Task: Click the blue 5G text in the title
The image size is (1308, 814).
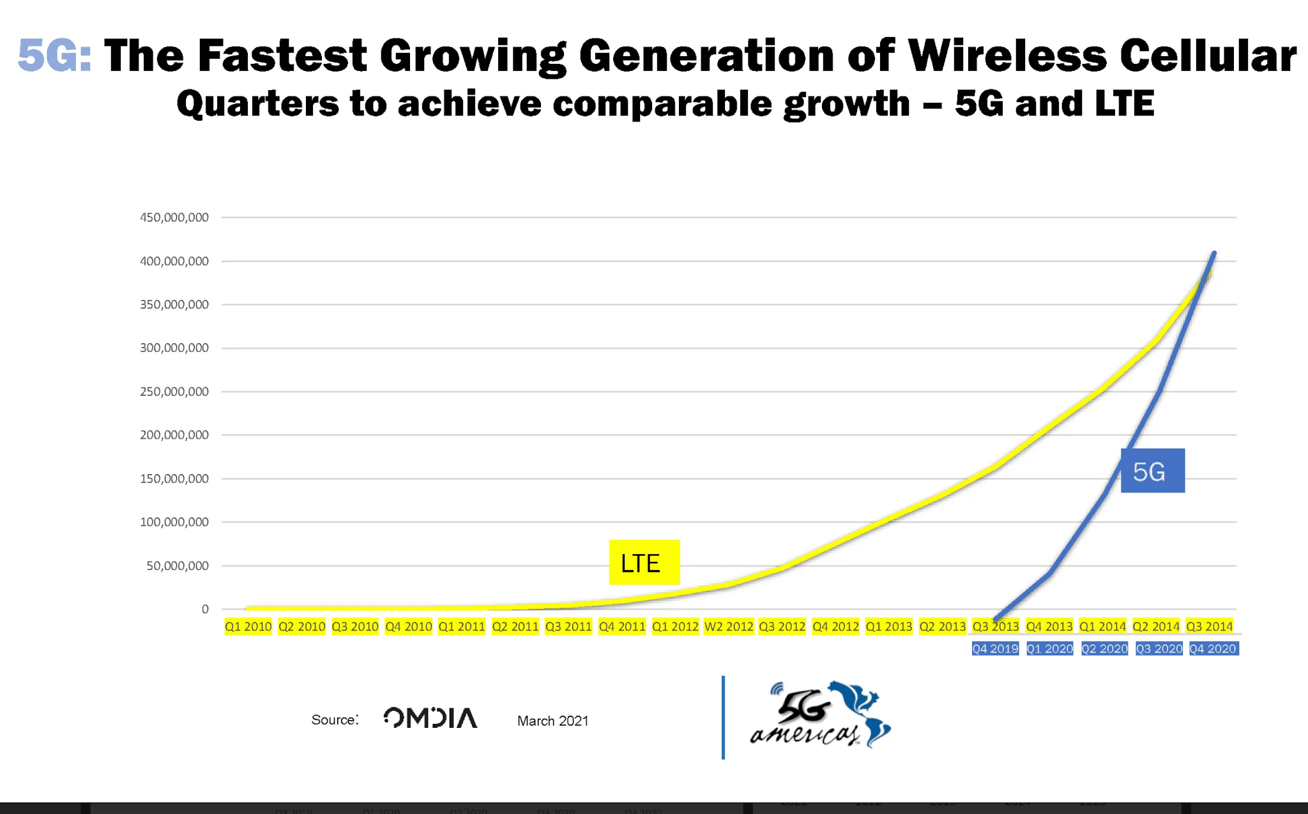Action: [x=54, y=55]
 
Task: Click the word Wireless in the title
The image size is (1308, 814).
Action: [x=1007, y=55]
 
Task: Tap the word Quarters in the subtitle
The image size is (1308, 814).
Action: [x=257, y=103]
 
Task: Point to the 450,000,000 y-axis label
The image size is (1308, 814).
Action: [x=174, y=218]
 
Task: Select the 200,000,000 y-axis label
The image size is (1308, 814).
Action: [x=174, y=435]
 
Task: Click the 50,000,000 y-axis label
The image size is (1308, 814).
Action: [x=177, y=566]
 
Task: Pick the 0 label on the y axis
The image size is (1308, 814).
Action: [x=205, y=610]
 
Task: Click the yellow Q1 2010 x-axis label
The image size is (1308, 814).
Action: [x=248, y=627]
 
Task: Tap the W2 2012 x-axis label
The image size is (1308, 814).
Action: [x=729, y=627]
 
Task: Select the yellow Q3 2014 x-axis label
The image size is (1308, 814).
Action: [x=1209, y=627]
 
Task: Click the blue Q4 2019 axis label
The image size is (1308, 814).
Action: [x=995, y=649]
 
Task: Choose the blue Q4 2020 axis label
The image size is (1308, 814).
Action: [x=1213, y=649]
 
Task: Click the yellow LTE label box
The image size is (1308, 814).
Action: [x=644, y=562]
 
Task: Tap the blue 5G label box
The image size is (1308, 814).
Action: [x=1152, y=471]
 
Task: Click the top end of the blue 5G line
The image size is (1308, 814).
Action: [x=1214, y=253]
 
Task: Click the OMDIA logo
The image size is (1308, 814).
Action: [x=430, y=718]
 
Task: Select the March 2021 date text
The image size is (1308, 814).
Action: [x=552, y=721]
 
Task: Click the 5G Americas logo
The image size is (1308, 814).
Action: [x=821, y=715]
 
